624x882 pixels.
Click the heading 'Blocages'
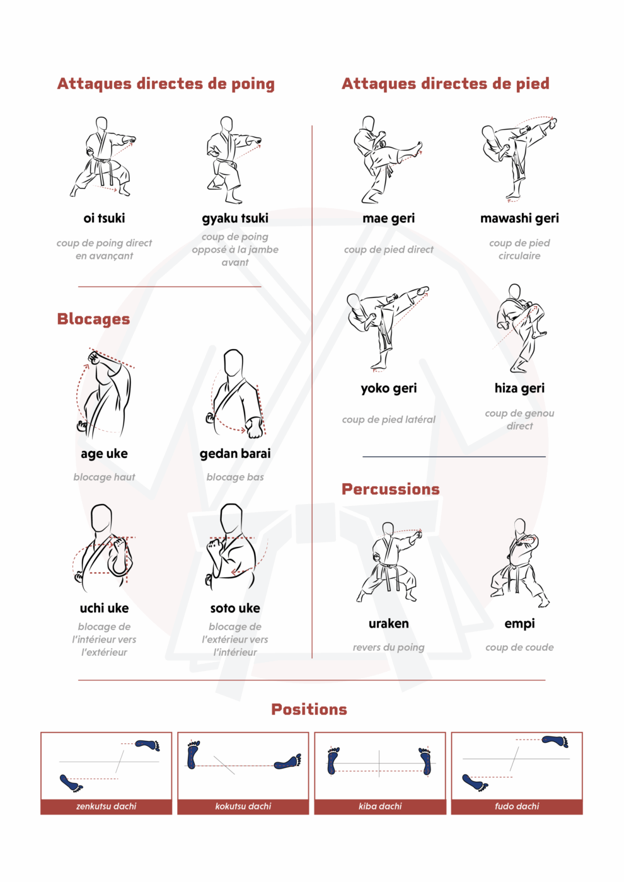(x=93, y=319)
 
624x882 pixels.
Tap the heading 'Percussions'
(x=390, y=489)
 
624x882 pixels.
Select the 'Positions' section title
(x=309, y=709)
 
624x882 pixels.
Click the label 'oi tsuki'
(x=104, y=218)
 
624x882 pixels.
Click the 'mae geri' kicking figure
(x=388, y=159)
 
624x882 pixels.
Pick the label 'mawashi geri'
(x=519, y=219)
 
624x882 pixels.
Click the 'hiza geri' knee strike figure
(x=521, y=328)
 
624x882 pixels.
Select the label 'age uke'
(x=104, y=454)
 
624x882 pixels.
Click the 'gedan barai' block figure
(x=236, y=394)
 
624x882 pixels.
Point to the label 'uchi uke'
(x=104, y=608)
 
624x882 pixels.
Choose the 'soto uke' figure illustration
(x=236, y=548)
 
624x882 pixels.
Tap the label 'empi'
(x=519, y=624)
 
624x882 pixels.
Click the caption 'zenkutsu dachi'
(x=106, y=806)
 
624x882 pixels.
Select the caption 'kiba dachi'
(x=379, y=806)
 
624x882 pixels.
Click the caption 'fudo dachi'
(x=517, y=806)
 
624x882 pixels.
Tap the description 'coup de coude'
(x=519, y=648)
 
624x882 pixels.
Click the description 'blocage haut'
(x=104, y=478)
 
